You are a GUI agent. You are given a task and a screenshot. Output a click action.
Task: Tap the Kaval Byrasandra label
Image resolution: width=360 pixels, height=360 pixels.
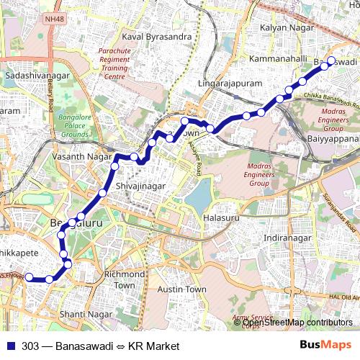157,36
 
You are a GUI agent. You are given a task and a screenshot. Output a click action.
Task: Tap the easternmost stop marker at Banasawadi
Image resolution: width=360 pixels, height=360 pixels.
332,60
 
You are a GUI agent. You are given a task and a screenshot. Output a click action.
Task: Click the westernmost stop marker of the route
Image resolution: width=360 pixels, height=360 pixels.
29,277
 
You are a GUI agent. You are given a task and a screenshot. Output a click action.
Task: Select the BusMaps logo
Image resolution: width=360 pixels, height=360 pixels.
326,346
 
